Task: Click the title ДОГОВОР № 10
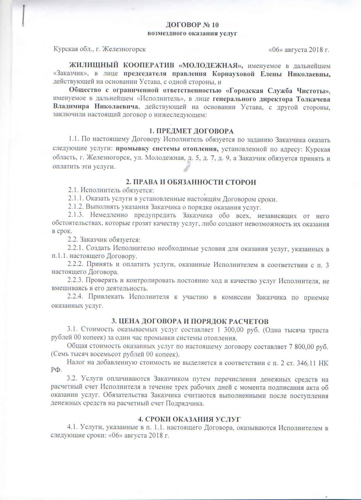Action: coord(192,25)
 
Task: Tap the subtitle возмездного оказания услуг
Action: coord(192,34)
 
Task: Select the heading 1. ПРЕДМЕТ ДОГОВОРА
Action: coord(191,131)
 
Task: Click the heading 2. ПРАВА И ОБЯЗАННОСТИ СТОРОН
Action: coord(191,182)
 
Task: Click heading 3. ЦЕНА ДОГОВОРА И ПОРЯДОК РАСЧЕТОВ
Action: coord(190,322)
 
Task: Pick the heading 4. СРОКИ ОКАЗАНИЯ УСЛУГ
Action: coord(189,419)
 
